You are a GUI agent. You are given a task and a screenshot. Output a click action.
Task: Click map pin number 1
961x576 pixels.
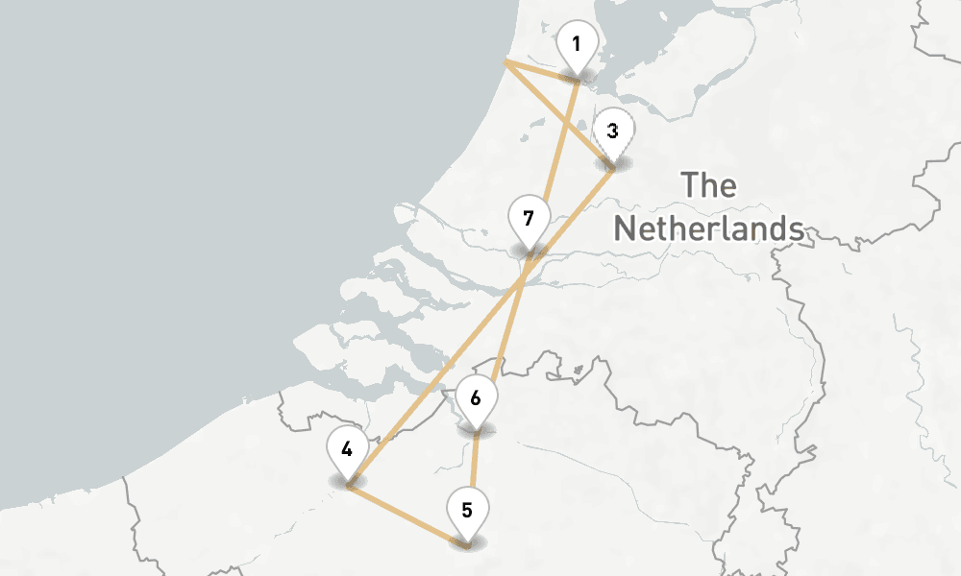tap(577, 45)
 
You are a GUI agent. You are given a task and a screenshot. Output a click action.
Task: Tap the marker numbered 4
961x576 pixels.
tap(347, 449)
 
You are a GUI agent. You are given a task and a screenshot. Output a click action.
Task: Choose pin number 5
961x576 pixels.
tap(467, 510)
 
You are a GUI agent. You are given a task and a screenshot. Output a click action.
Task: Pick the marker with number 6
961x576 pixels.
tap(476, 396)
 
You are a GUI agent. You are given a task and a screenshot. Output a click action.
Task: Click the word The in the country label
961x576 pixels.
tap(708, 184)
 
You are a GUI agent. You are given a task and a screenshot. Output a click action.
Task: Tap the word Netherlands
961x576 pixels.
tap(709, 228)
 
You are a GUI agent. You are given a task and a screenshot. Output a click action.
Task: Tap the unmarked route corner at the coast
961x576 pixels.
tap(506, 63)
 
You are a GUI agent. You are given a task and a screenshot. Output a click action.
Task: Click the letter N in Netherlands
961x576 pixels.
tap(628, 228)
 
